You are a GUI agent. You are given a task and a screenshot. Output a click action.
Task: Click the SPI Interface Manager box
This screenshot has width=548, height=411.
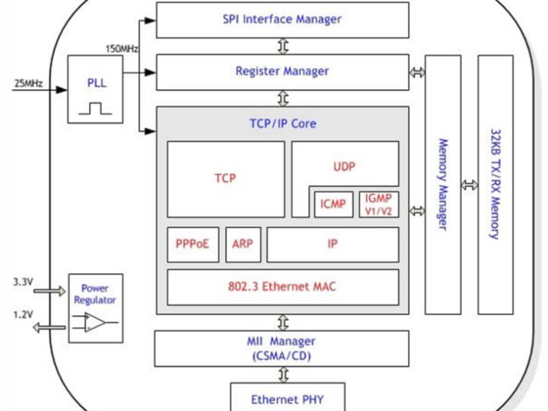[x=282, y=20]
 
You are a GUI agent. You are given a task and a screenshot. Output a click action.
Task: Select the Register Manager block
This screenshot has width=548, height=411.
[x=282, y=72]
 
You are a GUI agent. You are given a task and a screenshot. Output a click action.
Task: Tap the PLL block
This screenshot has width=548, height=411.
[x=97, y=89]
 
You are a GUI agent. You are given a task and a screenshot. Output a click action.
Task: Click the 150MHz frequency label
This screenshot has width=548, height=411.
[x=121, y=49]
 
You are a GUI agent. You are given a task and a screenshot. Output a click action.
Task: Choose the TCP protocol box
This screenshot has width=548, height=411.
[x=225, y=179]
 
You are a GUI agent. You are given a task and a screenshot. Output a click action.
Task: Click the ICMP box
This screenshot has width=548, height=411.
[x=333, y=204]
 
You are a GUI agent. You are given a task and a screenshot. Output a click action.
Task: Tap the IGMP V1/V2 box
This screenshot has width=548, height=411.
[x=378, y=203]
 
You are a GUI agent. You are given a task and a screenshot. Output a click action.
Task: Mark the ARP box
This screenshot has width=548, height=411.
[x=243, y=244]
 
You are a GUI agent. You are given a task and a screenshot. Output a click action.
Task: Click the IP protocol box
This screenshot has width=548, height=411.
[x=332, y=244]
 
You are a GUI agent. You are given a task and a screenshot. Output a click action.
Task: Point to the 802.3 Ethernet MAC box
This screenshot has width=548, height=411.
[x=282, y=287]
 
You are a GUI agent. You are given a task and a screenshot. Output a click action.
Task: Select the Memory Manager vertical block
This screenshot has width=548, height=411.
[x=443, y=184]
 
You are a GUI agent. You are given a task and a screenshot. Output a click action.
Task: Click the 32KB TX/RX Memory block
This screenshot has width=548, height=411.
[x=495, y=184]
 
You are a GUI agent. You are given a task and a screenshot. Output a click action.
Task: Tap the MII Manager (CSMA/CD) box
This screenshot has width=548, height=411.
[x=282, y=349]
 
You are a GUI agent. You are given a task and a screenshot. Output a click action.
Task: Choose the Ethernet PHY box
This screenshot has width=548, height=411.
[x=282, y=398]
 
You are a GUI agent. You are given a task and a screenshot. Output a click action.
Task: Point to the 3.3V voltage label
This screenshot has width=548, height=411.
[x=23, y=282]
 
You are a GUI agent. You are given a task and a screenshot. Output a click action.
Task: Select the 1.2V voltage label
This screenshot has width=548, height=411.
[x=23, y=314]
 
